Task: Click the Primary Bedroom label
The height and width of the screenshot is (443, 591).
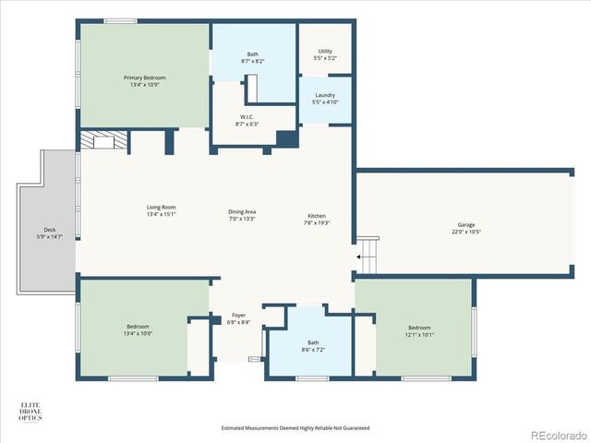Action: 142,78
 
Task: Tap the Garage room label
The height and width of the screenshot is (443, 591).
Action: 466,225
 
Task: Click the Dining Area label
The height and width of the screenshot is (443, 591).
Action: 242,212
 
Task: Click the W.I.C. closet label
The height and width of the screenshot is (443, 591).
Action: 247,116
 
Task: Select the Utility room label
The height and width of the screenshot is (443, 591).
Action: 325,51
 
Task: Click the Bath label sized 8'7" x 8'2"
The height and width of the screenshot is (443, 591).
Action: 253,54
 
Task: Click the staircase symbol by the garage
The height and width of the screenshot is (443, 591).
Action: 368,253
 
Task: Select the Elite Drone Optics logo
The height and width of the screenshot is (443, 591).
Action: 33,412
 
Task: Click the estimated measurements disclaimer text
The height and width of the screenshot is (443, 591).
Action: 295,427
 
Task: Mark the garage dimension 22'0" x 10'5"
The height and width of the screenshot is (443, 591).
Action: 466,232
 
